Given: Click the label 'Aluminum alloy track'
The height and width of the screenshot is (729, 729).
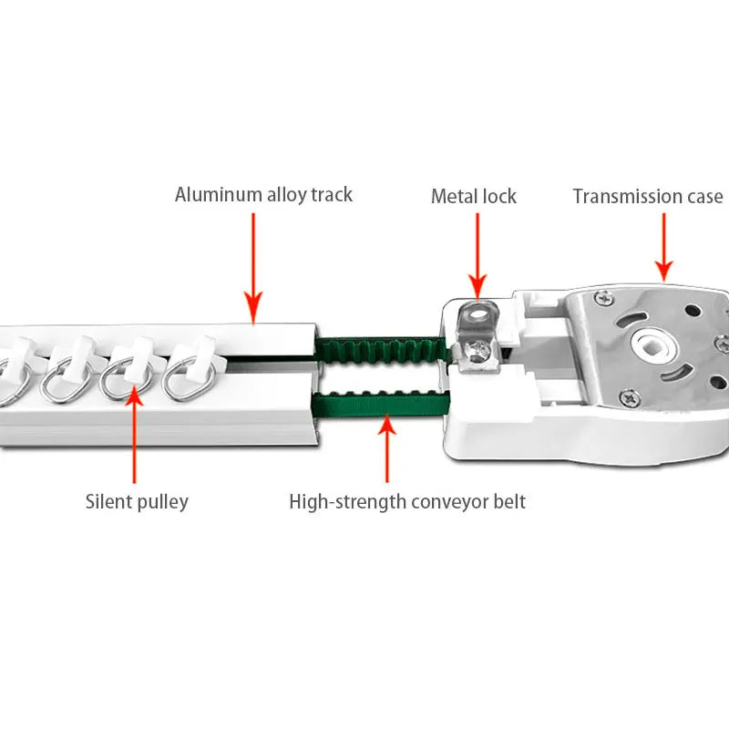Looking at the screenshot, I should pos(263,195).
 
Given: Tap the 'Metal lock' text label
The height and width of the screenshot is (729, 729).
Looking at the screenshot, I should pos(473,196).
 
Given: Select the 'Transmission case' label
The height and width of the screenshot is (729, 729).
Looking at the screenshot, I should pos(647,196).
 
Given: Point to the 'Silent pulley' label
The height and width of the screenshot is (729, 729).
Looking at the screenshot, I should pos(137,501).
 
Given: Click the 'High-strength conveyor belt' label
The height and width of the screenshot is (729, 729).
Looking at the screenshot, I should pos(406,501).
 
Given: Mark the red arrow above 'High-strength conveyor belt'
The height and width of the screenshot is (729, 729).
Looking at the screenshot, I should pos(387,447).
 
